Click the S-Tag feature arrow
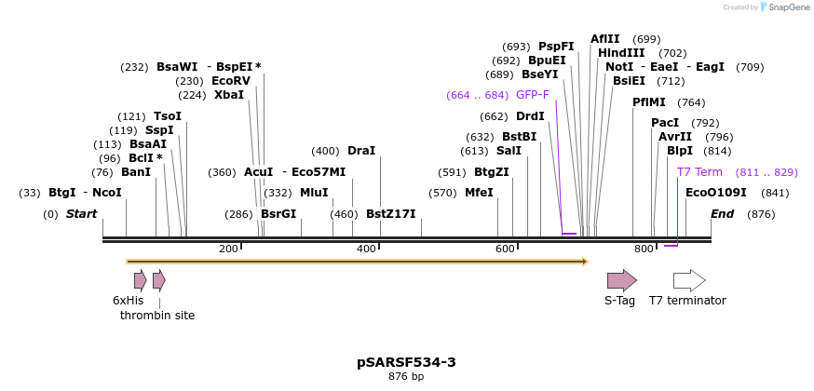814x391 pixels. pyautogui.click(x=621, y=280)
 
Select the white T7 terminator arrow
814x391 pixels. pyautogui.click(x=689, y=280)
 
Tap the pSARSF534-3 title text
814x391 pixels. pyautogui.click(x=406, y=362)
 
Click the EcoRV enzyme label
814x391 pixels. pyautogui.click(x=231, y=81)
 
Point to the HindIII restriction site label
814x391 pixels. pyautogui.click(x=621, y=53)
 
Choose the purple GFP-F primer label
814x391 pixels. pyautogui.click(x=533, y=95)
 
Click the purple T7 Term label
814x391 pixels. pyautogui.click(x=699, y=172)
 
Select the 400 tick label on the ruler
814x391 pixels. pyautogui.click(x=366, y=249)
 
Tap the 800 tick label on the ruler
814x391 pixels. pyautogui.click(x=644, y=249)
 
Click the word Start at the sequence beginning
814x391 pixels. pyautogui.click(x=81, y=214)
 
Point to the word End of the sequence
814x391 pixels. pyautogui.click(x=722, y=214)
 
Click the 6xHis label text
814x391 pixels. pyautogui.click(x=129, y=300)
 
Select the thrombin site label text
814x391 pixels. pyautogui.click(x=157, y=315)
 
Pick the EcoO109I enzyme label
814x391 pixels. pyautogui.click(x=715, y=193)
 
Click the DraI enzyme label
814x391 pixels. pyautogui.click(x=361, y=151)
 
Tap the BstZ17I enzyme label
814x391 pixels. pyautogui.click(x=391, y=214)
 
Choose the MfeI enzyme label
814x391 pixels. pyautogui.click(x=479, y=193)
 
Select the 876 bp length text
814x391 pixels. pyautogui.click(x=406, y=377)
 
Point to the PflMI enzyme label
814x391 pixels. pyautogui.click(x=649, y=102)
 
